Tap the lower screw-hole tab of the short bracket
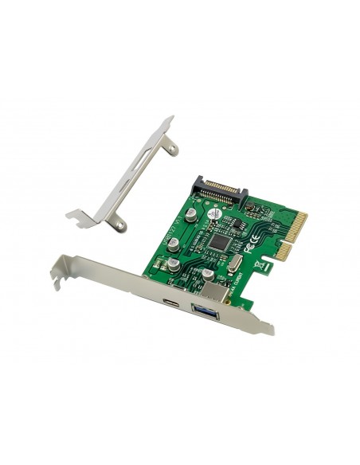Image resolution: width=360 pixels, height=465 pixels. tap(119, 227)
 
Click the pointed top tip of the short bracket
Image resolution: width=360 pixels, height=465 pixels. tap(168, 119)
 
